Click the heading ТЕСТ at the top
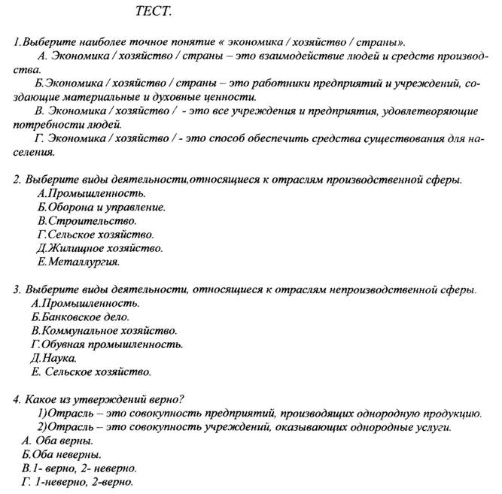154,11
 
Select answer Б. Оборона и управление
101,207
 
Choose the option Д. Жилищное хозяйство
99,247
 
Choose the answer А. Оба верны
58,440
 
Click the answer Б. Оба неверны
62,454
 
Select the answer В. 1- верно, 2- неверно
80,468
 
